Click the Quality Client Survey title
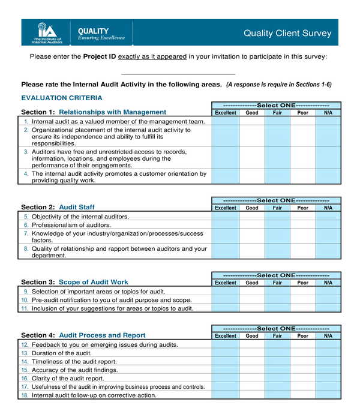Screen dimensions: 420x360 pos(287,34)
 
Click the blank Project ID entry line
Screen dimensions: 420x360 pos(178,73)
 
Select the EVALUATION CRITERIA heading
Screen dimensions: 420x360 pos(62,98)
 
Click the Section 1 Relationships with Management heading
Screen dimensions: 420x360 pos(94,112)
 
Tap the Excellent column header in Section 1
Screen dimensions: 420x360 pos(225,113)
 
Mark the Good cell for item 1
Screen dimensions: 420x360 pos(252,121)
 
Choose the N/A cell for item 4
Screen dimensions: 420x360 pos(328,176)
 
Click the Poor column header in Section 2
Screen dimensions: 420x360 pos(302,208)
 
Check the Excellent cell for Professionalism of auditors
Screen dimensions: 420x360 pos(225,225)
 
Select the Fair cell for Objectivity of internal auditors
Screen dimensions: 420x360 pos(277,217)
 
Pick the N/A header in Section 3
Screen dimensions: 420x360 pos(328,283)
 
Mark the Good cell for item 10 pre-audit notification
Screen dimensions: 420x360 pos(252,299)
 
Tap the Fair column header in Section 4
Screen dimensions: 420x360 pos(277,336)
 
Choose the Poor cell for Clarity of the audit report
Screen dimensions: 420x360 pos(302,379)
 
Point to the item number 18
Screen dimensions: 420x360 pos(25,395)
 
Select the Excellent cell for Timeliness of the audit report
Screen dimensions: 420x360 pos(225,362)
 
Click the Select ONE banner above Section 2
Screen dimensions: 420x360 pos(276,200)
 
